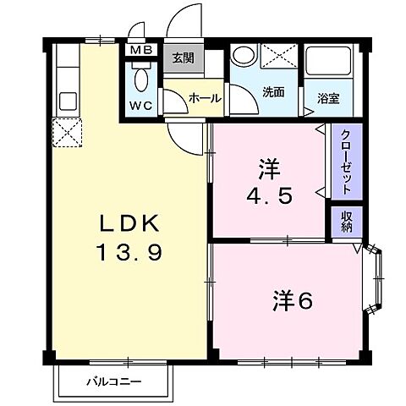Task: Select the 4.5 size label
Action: (269, 195)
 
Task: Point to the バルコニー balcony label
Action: (113, 381)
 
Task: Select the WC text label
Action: (140, 107)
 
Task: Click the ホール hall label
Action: (205, 99)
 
